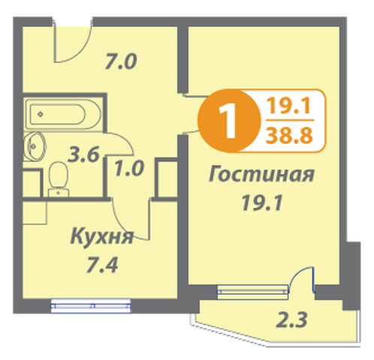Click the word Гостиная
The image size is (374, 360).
click(x=261, y=174)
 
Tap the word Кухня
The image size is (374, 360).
click(x=101, y=236)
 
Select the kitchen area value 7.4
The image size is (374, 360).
click(x=101, y=265)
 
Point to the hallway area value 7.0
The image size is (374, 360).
click(x=121, y=61)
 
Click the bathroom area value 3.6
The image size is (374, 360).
click(x=83, y=155)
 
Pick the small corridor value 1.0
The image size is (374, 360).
click(x=129, y=168)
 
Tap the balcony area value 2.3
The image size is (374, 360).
click(x=291, y=320)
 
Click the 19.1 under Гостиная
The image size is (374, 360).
click(x=262, y=202)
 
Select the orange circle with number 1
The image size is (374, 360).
click(x=229, y=121)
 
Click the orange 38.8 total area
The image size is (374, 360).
click(x=289, y=136)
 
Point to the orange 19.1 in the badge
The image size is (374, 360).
click(x=288, y=106)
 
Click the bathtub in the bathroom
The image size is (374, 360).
click(x=64, y=114)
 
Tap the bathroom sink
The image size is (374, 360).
click(x=35, y=145)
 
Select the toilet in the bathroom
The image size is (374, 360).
click(x=59, y=179)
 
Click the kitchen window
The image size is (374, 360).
click(x=91, y=305)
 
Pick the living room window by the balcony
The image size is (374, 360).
click(x=253, y=292)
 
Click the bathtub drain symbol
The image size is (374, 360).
click(x=41, y=114)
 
